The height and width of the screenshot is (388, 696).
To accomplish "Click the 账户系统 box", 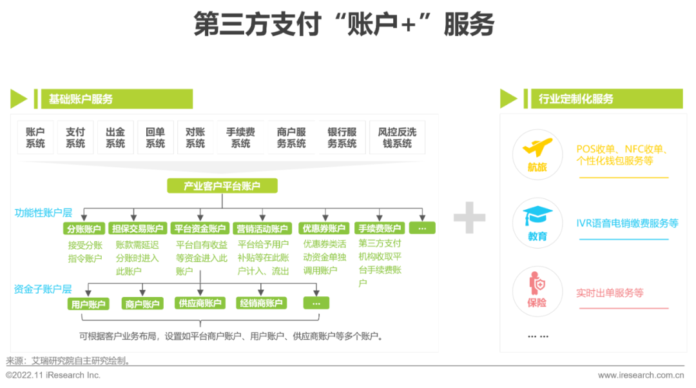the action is pyautogui.click(x=35, y=138).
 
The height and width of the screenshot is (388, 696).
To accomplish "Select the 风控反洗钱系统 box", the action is pyautogui.click(x=397, y=138).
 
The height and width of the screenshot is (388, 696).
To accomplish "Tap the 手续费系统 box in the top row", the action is pyautogui.click(x=240, y=138).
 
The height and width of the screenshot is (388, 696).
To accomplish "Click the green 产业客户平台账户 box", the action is pyautogui.click(x=222, y=186).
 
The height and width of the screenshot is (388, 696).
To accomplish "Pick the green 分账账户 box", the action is pyautogui.click(x=84, y=229).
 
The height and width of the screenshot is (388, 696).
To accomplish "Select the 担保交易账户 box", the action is pyautogui.click(x=137, y=229).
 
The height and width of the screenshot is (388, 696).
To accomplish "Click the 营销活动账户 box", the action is pyautogui.click(x=262, y=229).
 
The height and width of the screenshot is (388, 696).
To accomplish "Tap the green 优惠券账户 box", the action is pyautogui.click(x=324, y=229).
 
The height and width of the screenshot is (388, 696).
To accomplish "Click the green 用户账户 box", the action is pyautogui.click(x=88, y=303).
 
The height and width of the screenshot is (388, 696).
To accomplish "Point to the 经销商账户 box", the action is pyautogui.click(x=261, y=303).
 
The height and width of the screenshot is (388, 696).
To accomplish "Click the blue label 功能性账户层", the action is pyautogui.click(x=44, y=212).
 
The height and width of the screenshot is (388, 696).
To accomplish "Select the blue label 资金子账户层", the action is pyautogui.click(x=43, y=289).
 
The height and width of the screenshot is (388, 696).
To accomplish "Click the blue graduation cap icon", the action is pyautogui.click(x=537, y=216).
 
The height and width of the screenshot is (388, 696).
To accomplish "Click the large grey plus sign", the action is pyautogui.click(x=469, y=217).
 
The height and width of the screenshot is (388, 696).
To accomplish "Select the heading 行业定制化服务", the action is pyautogui.click(x=575, y=99).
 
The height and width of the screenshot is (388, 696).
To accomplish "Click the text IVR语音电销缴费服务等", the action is pyautogui.click(x=627, y=223).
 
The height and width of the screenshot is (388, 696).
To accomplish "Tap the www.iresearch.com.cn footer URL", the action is pyautogui.click(x=641, y=375).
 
